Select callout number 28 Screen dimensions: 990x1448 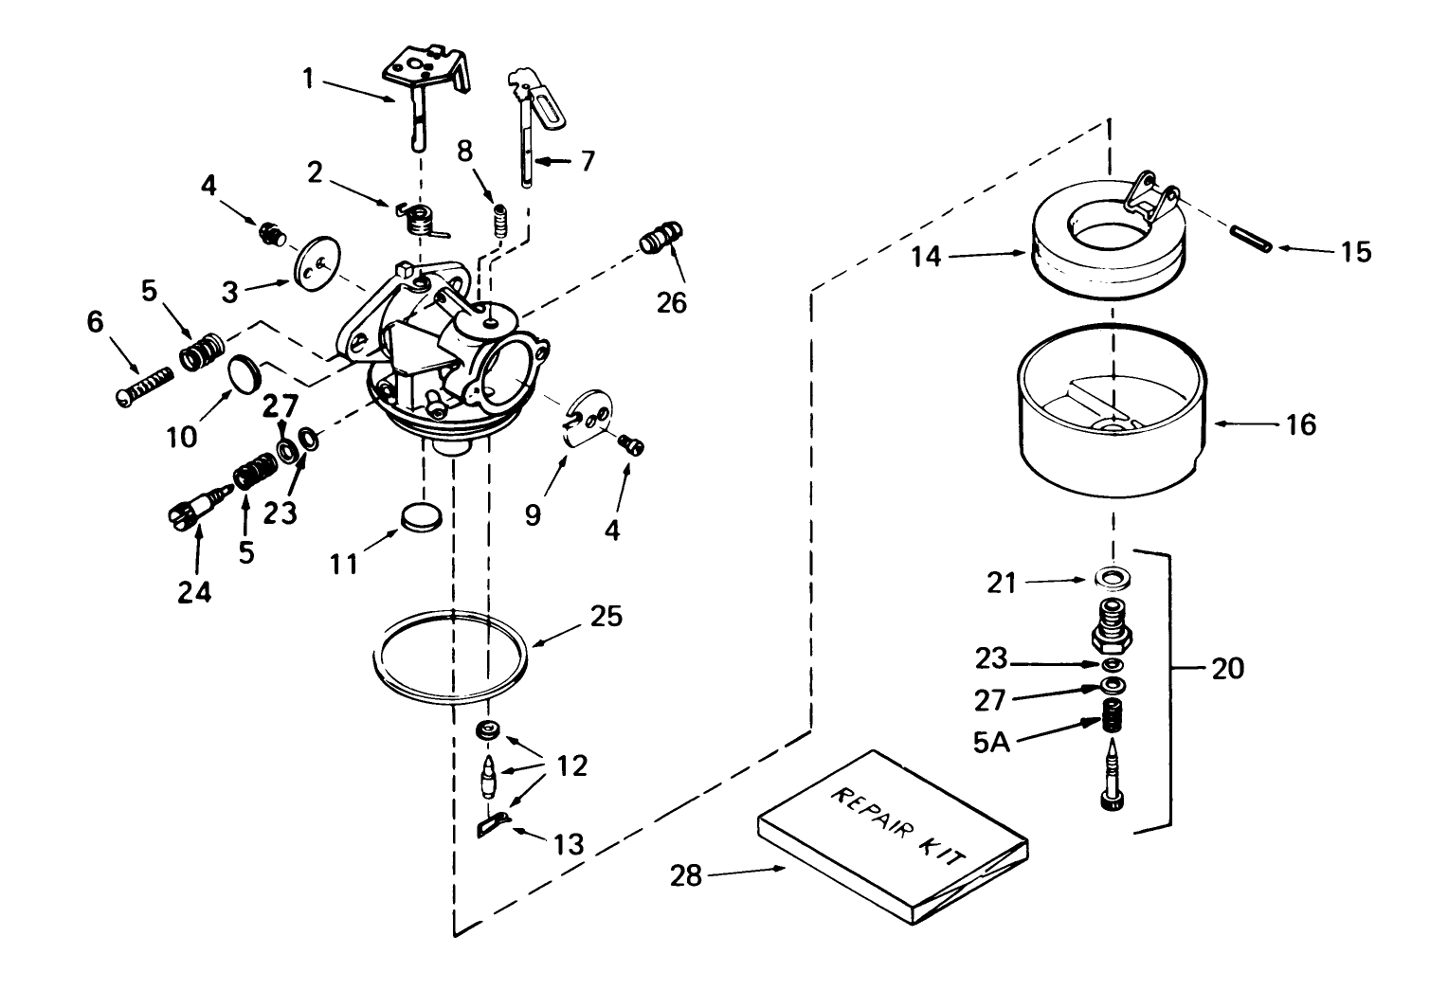coord(686,876)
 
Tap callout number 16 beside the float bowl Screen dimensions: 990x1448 coord(1302,424)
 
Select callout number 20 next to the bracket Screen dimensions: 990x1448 coord(1227,669)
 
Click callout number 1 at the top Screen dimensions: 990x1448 coord(308,77)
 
